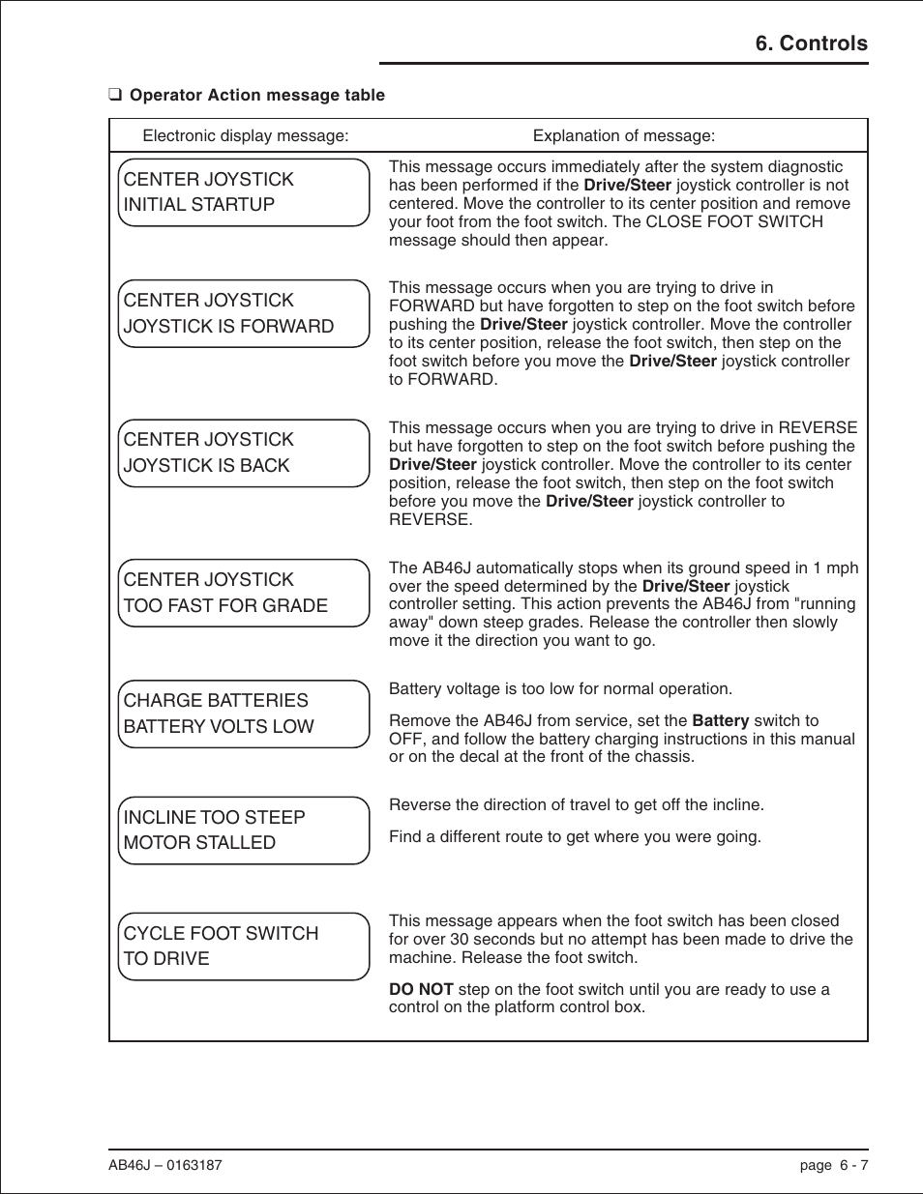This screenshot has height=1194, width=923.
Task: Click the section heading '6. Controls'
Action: tap(811, 44)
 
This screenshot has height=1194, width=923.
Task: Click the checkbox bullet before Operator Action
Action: tap(115, 95)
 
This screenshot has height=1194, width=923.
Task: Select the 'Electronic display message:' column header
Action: tap(246, 136)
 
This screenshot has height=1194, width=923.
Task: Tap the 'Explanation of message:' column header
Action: tap(624, 136)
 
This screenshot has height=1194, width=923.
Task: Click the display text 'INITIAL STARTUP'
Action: tap(199, 205)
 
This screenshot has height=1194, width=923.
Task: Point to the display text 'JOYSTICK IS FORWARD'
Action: tap(228, 327)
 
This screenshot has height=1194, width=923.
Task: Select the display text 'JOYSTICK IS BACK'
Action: tap(207, 466)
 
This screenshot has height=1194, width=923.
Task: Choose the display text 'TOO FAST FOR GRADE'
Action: tap(225, 606)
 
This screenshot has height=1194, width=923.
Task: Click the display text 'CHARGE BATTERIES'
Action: tap(216, 701)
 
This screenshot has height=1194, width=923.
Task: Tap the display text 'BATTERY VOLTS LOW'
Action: tap(219, 727)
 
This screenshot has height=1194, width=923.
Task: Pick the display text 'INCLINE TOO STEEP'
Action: tap(214, 818)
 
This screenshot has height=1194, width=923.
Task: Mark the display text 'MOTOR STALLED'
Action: tap(199, 843)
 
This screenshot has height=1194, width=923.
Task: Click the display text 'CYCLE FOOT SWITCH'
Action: tap(221, 934)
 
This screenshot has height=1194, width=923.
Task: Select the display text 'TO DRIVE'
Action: tap(166, 959)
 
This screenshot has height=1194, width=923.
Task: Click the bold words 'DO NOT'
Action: tap(421, 990)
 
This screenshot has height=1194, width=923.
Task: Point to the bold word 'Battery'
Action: tap(721, 721)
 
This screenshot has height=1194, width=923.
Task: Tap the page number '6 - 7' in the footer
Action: tap(853, 1165)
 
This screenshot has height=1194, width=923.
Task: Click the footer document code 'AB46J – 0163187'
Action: tap(165, 1165)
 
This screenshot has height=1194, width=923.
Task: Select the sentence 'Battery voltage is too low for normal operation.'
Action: tap(560, 689)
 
